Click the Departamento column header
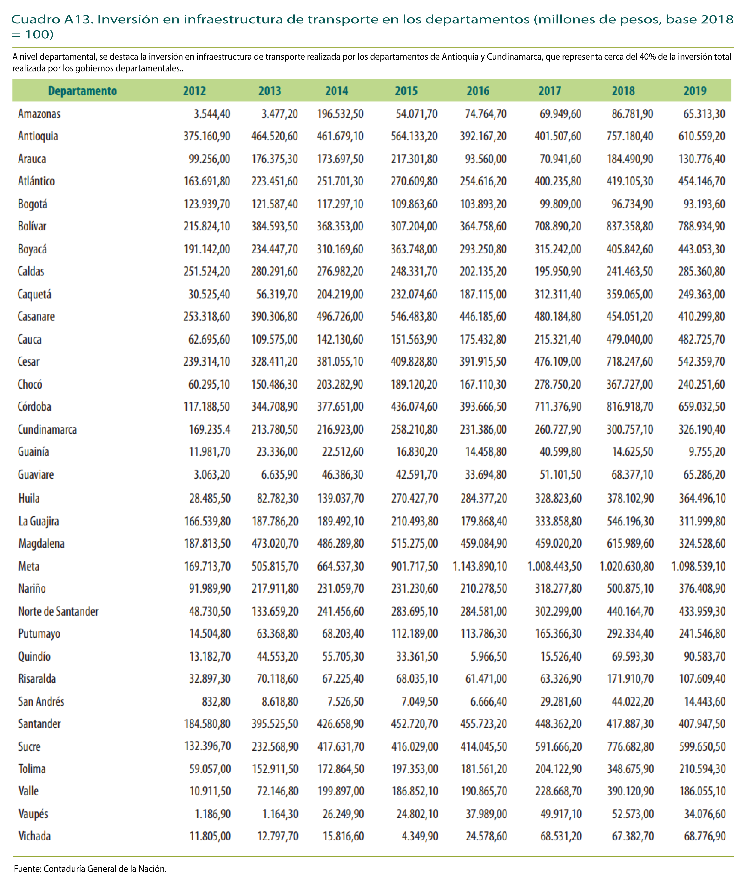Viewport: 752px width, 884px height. pyautogui.click(x=82, y=91)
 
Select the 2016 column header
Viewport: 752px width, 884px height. pyautogui.click(x=478, y=91)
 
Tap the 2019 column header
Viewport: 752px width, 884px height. pyautogui.click(x=695, y=91)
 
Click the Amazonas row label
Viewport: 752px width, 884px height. pyautogui.click(x=39, y=114)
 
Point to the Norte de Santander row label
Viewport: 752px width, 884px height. pyautogui.click(x=58, y=611)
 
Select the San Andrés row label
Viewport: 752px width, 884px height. pyautogui.click(x=41, y=701)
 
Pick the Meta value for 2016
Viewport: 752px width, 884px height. pyautogui.click(x=480, y=566)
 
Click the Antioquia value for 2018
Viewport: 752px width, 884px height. pyautogui.click(x=630, y=136)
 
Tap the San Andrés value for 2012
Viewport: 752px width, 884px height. pyautogui.click(x=216, y=701)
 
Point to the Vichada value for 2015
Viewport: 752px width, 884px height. pyautogui.click(x=420, y=836)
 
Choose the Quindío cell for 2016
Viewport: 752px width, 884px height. pyautogui.click(x=489, y=656)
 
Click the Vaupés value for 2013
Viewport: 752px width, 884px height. pyautogui.click(x=280, y=814)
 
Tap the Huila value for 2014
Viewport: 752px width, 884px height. pyautogui.click(x=341, y=498)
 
